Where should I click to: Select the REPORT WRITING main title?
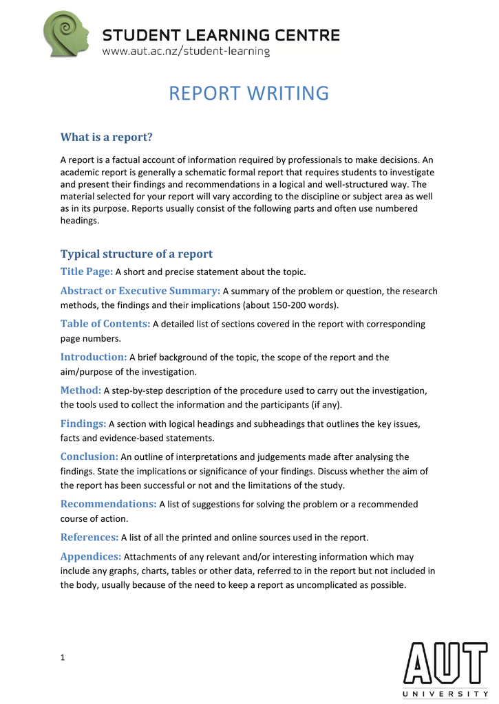tap(249, 93)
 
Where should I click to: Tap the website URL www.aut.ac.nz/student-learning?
tap(186, 52)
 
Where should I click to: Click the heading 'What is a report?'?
tap(106, 137)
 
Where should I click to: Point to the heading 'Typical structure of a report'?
tap(136, 254)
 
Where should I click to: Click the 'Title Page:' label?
tap(86, 272)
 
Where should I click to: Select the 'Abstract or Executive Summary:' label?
tap(140, 291)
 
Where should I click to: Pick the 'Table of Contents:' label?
tap(105, 324)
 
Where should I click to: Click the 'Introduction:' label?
tap(94, 357)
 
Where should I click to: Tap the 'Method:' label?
tap(81, 390)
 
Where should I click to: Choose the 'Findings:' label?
tap(83, 423)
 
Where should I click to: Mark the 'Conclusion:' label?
tap(89, 456)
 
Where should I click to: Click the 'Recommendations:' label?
tap(109, 504)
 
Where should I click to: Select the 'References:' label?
tap(89, 537)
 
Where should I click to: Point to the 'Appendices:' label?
tap(91, 556)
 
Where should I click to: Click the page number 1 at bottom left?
tap(63, 658)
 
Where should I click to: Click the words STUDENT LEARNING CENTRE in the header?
tap(221, 34)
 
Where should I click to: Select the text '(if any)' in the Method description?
tap(325, 404)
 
